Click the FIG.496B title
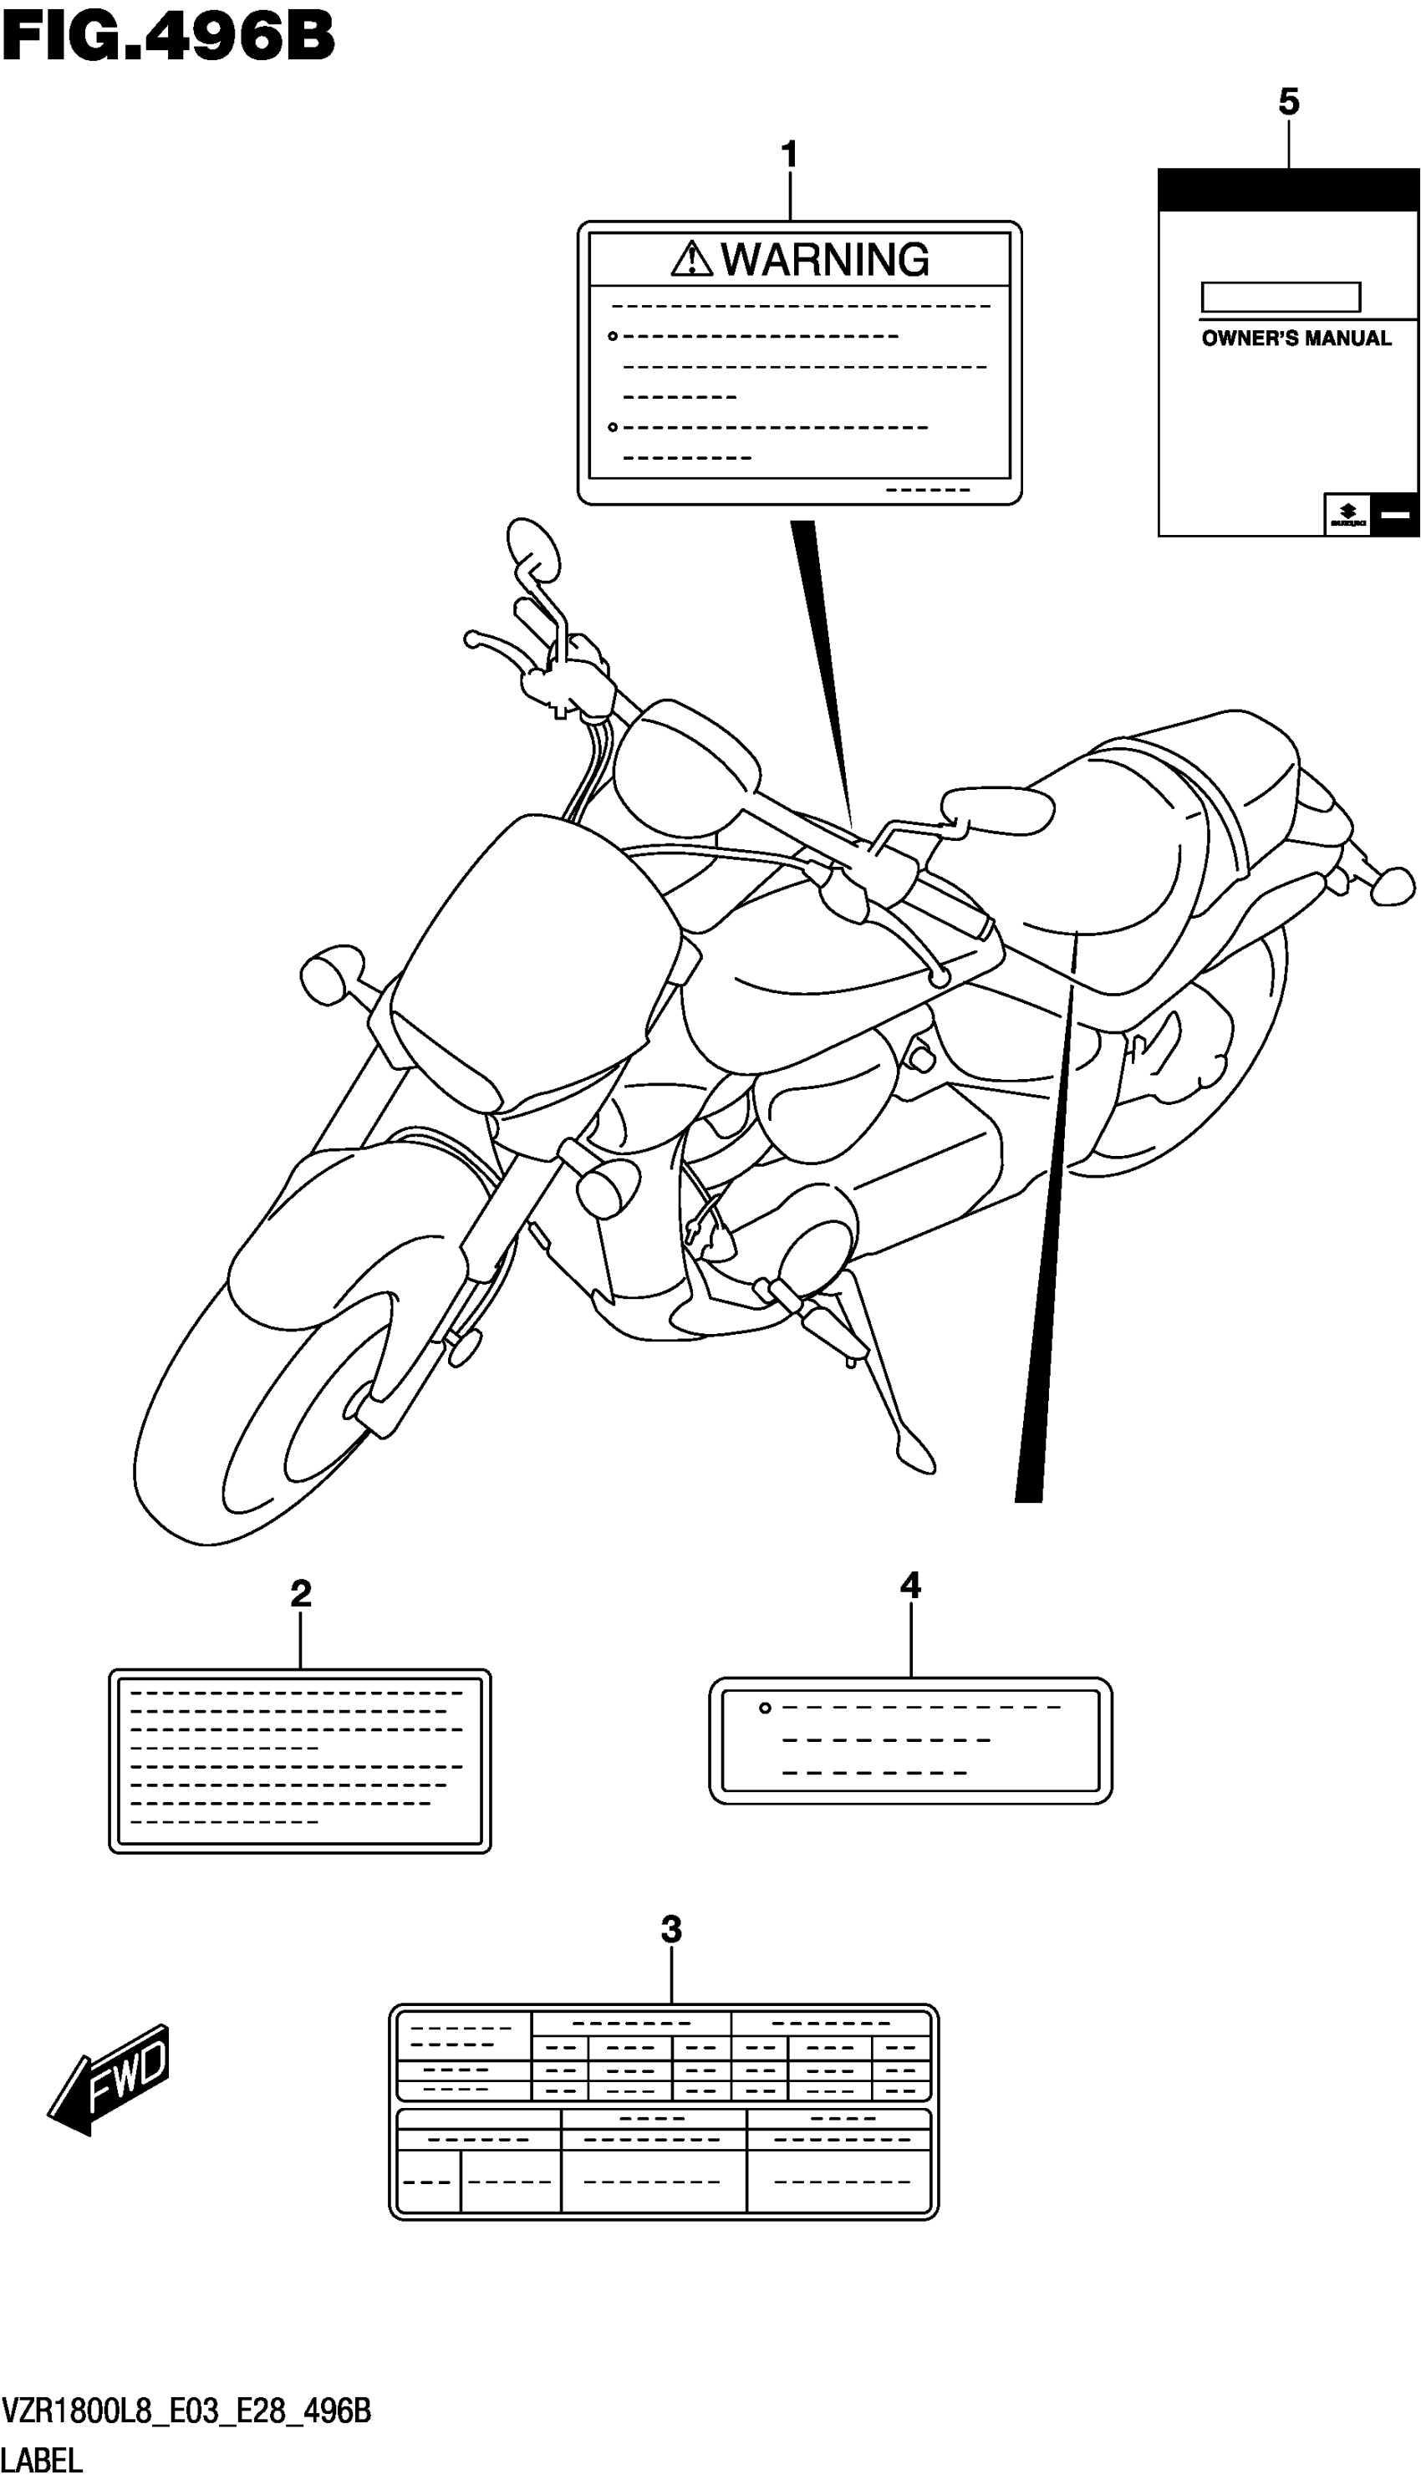click(x=168, y=37)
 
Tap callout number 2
click(x=301, y=1594)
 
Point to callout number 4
click(x=909, y=1586)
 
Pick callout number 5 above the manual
click(x=1288, y=101)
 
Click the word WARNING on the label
click(x=825, y=260)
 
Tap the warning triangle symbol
click(x=692, y=258)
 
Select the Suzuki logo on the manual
click(x=1347, y=514)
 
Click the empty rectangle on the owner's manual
click(x=1280, y=297)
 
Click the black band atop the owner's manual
click(x=1288, y=191)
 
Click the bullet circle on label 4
click(x=765, y=1708)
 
